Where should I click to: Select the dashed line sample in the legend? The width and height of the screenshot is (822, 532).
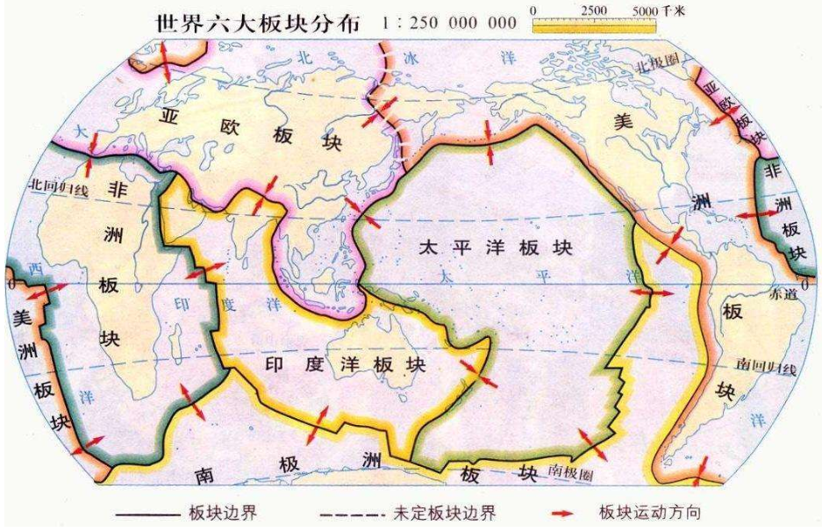(x=346, y=512)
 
